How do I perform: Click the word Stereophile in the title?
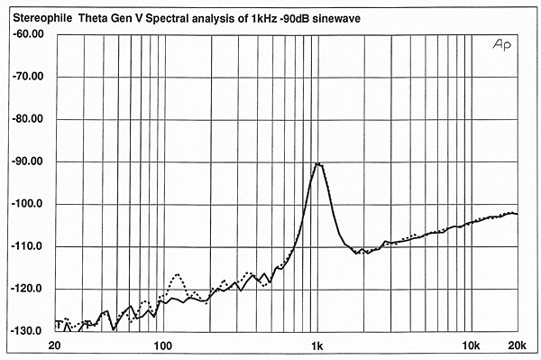[x=38, y=13]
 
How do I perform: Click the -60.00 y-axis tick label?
[x=27, y=34]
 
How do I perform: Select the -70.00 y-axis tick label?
[x=27, y=77]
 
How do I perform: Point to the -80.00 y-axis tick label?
[x=27, y=119]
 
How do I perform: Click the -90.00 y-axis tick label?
[x=27, y=162]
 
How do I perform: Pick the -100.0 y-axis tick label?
[x=27, y=204]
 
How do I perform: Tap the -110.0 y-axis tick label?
[x=27, y=246]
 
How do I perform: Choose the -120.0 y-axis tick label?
[x=27, y=289]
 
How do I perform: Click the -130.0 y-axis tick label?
[x=27, y=331]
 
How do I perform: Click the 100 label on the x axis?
[x=162, y=346]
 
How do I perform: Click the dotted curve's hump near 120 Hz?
[x=178, y=274]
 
